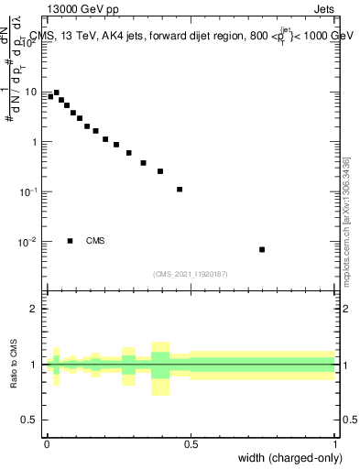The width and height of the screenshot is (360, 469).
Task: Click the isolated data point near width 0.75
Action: point(262,249)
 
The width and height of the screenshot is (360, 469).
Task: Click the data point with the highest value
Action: point(56,93)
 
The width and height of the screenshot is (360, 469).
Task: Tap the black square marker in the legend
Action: point(70,241)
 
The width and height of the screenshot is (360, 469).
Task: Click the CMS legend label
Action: point(95,241)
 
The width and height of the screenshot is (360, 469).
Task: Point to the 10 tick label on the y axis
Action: point(32,92)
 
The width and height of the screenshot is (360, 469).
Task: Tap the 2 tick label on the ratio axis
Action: point(36,309)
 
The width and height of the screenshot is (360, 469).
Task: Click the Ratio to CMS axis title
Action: point(15,365)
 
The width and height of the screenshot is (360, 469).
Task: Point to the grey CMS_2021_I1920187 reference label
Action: point(191,273)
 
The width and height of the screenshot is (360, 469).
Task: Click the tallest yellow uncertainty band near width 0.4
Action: point(161,365)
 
